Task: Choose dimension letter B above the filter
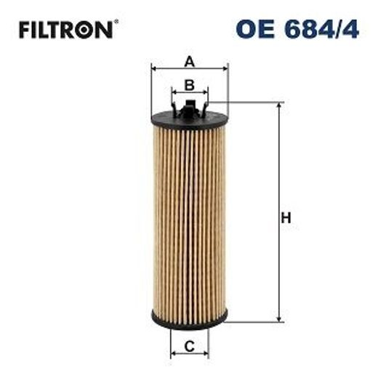click(x=189, y=85)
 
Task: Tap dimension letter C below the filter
click(x=189, y=347)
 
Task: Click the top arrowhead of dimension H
click(x=276, y=106)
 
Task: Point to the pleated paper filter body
click(x=189, y=218)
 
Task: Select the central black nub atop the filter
click(x=189, y=110)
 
